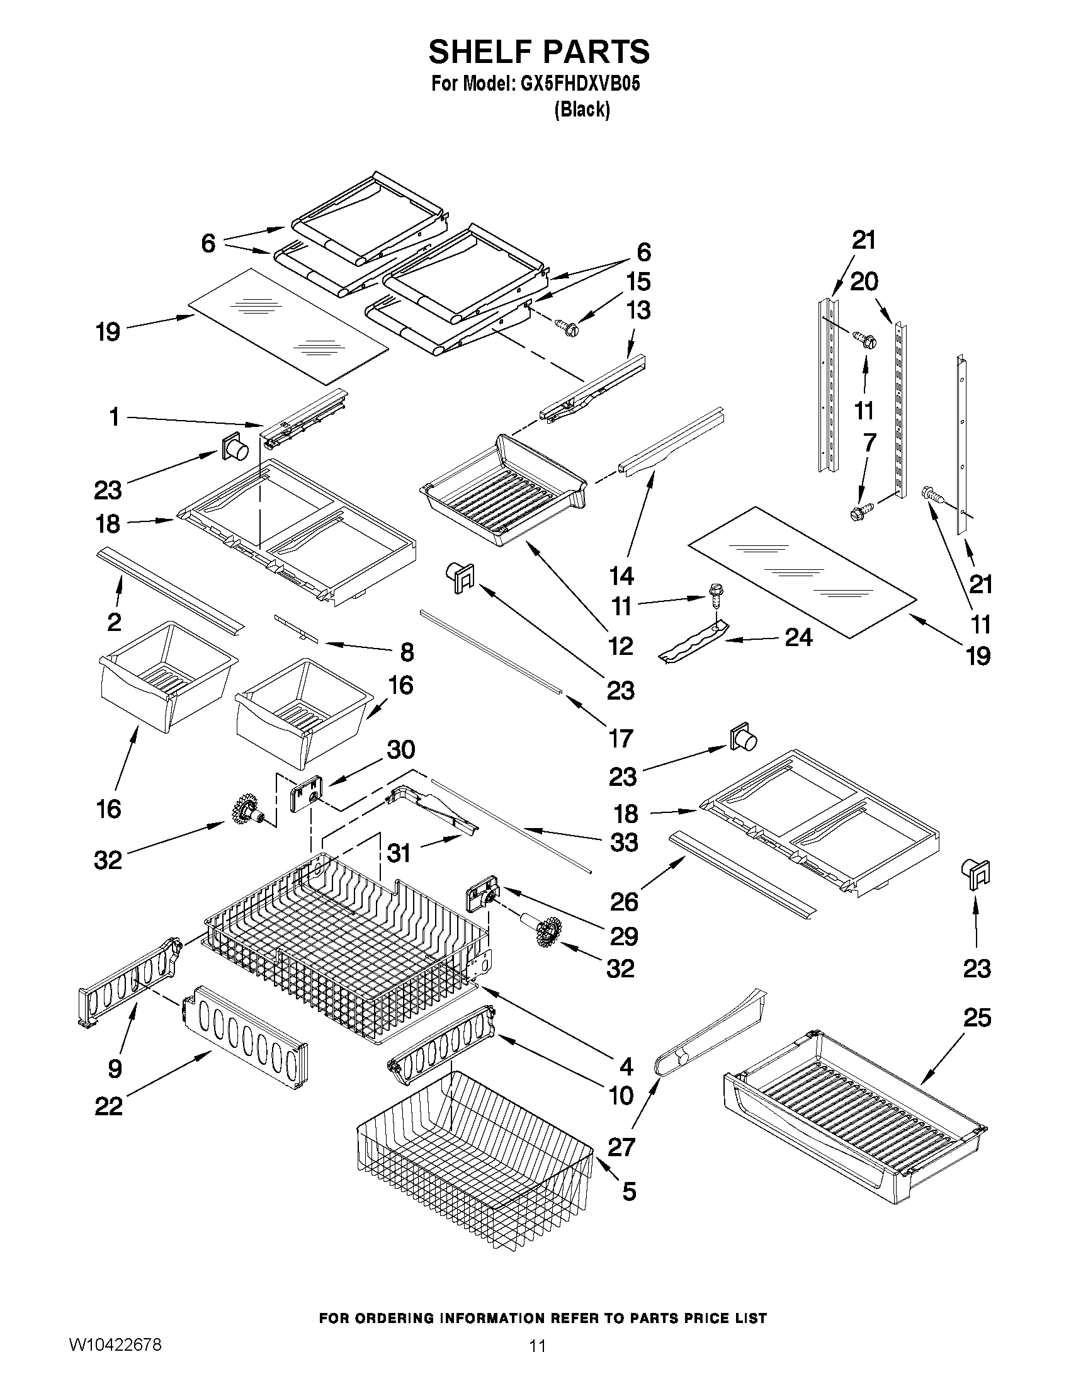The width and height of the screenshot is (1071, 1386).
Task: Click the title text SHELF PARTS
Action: [x=539, y=52]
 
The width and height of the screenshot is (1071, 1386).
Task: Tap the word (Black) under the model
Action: [x=582, y=110]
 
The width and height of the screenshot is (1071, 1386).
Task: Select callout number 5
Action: [x=628, y=1191]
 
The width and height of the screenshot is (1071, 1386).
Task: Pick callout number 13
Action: [x=638, y=310]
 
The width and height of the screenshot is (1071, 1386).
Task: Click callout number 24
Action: [x=798, y=637]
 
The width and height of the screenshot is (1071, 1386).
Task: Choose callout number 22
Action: [x=108, y=1107]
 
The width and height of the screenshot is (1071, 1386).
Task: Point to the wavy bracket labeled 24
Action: [x=693, y=642]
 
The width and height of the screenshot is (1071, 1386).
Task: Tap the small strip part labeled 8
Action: [x=296, y=627]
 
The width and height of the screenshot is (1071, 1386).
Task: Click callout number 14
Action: [x=621, y=576]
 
